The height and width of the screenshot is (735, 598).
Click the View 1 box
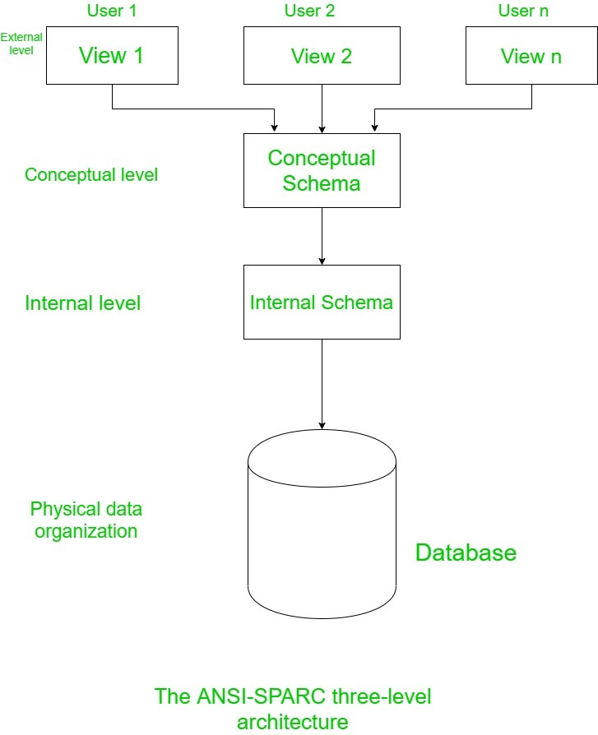pos(112,55)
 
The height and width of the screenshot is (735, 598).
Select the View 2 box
pos(322,55)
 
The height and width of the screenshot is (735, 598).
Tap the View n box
pos(531,55)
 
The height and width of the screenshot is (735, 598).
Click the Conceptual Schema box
pos(322,170)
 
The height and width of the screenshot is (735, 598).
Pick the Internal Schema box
pos(322,302)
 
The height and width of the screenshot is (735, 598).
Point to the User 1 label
pos(111,11)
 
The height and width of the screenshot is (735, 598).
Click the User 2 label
pos(309,11)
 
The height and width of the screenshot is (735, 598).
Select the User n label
pos(523,11)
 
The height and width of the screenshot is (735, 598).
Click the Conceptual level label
pos(91,174)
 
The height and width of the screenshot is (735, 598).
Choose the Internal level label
pos(83,303)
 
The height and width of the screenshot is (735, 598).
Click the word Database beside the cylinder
pos(466,552)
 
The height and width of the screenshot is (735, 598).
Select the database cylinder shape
pos(322,526)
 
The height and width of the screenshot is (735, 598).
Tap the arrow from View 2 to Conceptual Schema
pos(322,108)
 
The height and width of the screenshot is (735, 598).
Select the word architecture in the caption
pos(292,723)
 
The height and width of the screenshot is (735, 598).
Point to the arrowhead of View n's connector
pos(375,127)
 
